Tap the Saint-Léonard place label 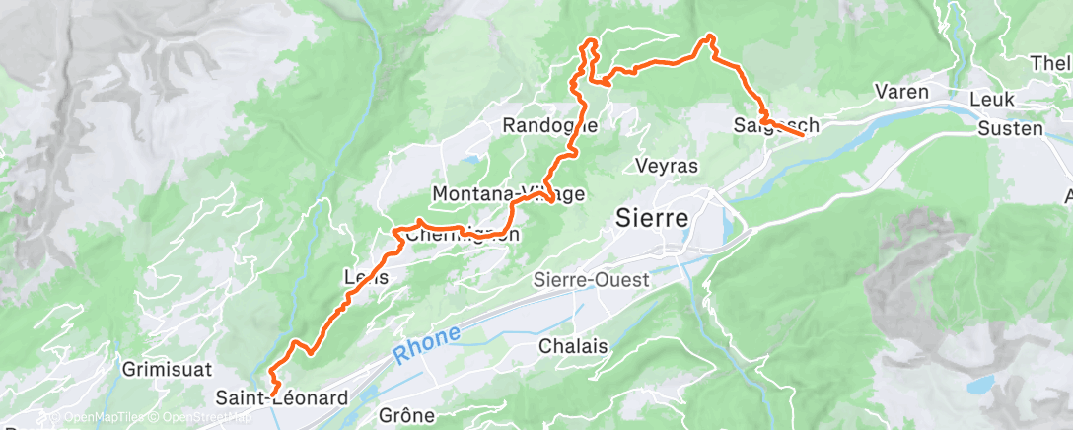[x=282, y=398]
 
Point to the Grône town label [x=406, y=415]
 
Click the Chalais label [x=573, y=347]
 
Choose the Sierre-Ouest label [x=605, y=280]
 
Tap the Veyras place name [x=667, y=166]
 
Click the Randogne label [x=549, y=125]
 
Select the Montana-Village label [x=508, y=193]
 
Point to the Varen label [x=902, y=92]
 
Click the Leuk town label [x=992, y=101]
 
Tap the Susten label [x=1010, y=128]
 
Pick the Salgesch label [x=776, y=125]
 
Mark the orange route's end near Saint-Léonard [x=271, y=394]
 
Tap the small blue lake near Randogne [x=472, y=158]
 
